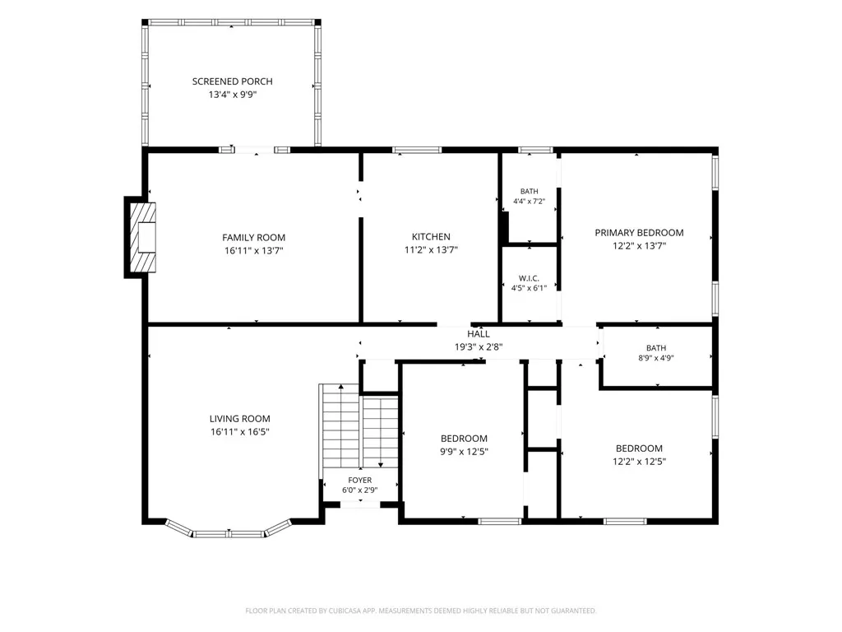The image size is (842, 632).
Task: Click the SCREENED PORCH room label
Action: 233,81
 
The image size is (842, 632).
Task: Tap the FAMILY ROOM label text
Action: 253,238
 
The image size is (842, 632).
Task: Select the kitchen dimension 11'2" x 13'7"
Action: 431,250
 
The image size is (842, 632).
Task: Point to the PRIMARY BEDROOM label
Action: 639,233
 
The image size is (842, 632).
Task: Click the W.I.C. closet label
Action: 529,278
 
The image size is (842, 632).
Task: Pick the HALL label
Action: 479,334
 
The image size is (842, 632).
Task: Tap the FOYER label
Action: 360,481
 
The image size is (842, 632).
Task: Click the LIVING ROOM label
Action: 240,419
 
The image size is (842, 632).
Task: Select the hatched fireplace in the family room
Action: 143,237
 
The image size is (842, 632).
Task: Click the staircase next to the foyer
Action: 359,427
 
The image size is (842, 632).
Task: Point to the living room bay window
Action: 229,530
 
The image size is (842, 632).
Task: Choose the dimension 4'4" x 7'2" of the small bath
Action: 529,202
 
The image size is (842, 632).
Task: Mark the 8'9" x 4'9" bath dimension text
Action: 656,358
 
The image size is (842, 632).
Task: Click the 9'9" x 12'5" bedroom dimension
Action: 464,452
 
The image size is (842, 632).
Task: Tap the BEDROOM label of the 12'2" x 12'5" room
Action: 639,448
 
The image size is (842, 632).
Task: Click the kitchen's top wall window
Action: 417,150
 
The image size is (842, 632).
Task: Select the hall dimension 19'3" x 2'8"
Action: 479,347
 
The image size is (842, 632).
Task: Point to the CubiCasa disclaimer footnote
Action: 420,611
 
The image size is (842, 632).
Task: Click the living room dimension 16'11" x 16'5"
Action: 240,432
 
